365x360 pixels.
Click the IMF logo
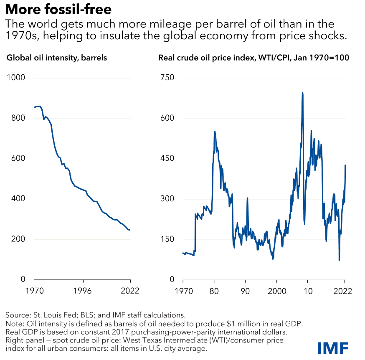click(x=333, y=348)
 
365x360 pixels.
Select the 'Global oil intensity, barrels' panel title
click(x=57, y=58)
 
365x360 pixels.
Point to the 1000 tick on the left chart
click(x=17, y=78)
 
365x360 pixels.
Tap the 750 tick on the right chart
click(x=167, y=78)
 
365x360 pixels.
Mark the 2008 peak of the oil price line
click(x=302, y=92)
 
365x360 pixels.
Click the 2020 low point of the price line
click(x=339, y=260)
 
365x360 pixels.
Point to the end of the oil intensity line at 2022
click(x=130, y=230)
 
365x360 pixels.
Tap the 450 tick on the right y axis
click(x=167, y=159)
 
